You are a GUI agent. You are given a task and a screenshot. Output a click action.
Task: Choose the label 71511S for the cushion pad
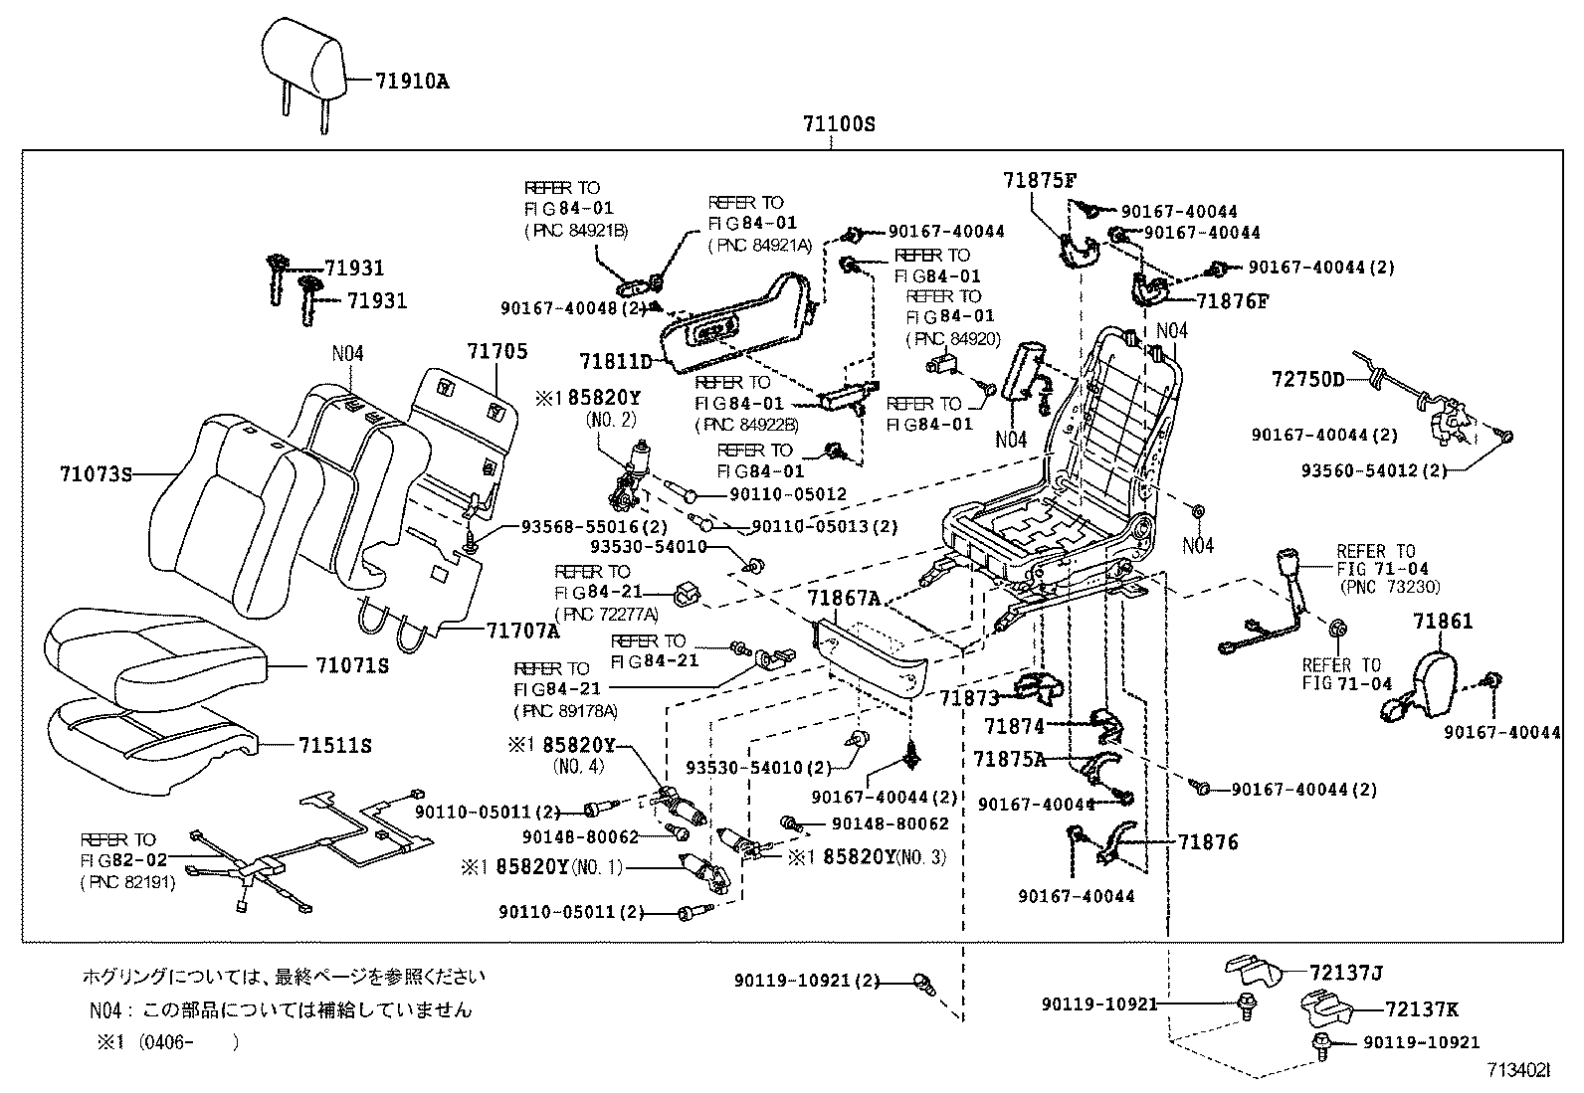(335, 745)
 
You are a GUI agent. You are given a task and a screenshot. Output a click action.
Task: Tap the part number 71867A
(844, 598)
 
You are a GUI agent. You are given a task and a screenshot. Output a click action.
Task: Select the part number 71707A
(523, 631)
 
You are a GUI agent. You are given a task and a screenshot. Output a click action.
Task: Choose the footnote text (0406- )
(189, 1042)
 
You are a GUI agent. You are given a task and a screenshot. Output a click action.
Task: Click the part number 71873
(969, 698)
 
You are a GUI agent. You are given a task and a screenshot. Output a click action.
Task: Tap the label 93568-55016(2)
(594, 526)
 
